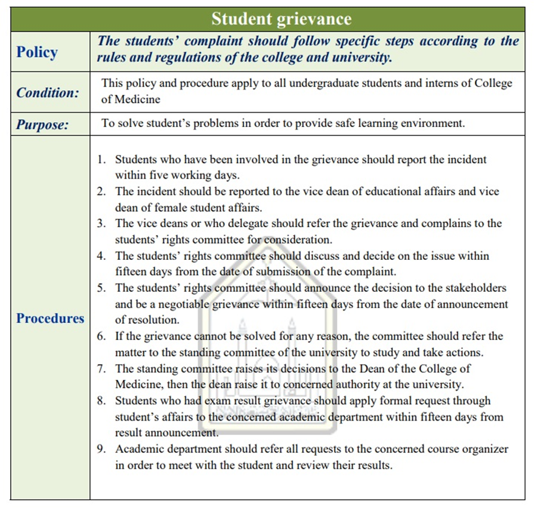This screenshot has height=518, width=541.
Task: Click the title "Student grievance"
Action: (281, 19)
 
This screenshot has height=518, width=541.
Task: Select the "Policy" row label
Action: (37, 52)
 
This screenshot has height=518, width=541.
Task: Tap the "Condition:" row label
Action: (47, 93)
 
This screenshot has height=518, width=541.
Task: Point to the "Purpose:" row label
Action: (42, 125)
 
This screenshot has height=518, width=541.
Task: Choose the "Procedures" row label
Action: (50, 318)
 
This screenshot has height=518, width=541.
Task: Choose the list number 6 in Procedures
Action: (101, 336)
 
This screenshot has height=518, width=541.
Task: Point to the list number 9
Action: (101, 449)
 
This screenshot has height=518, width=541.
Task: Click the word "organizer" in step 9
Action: (483, 449)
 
